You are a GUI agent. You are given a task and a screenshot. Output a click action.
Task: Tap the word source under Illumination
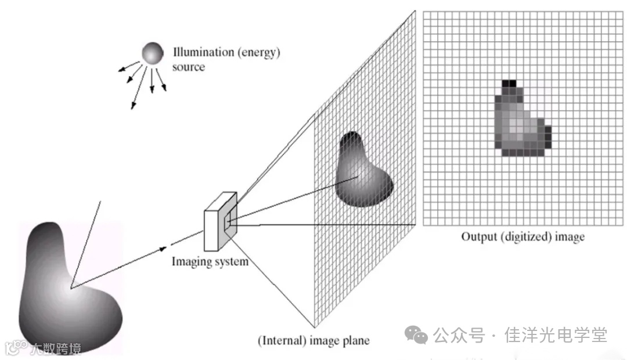pyautogui.click(x=189, y=67)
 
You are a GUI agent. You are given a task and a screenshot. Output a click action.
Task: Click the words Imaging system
pyautogui.click(x=210, y=261)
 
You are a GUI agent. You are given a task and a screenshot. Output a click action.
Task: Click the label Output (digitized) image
pyautogui.click(x=522, y=237)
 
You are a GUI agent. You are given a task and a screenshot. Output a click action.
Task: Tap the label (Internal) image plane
pyautogui.click(x=313, y=340)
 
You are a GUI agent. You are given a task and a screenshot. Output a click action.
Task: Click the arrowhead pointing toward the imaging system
pyautogui.click(x=163, y=249)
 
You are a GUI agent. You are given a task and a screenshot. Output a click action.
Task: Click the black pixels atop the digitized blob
pyautogui.click(x=509, y=85)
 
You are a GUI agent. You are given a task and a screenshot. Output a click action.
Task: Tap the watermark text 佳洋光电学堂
pyautogui.click(x=556, y=335)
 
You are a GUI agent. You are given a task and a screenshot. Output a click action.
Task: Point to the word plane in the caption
pyautogui.click(x=357, y=340)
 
